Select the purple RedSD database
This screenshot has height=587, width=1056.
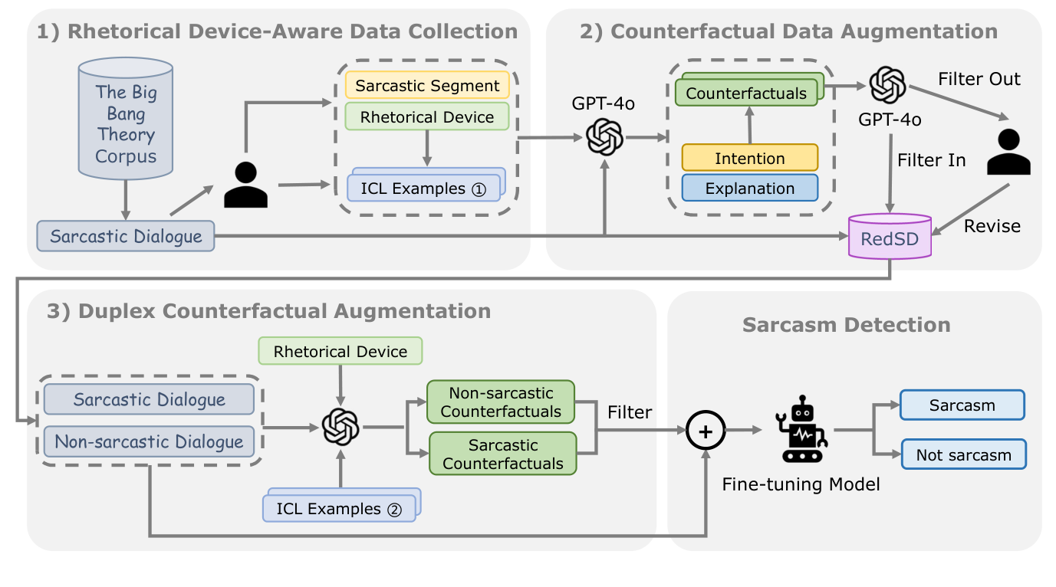click(888, 238)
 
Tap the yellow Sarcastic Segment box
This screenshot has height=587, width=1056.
click(427, 85)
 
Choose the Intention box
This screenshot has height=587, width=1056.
click(750, 159)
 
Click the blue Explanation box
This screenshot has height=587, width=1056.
click(750, 188)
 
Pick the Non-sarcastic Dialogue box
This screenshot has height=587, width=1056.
click(149, 441)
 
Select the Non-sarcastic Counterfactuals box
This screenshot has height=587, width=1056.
click(502, 402)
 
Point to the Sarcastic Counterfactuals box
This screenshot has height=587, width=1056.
click(502, 454)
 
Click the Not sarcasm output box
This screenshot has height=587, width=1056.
click(963, 455)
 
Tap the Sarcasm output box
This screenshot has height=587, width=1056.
click(962, 405)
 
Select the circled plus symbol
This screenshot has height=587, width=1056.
click(706, 431)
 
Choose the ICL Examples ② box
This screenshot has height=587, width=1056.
click(339, 508)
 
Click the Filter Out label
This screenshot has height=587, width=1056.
click(979, 79)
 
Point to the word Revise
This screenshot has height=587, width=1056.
click(992, 225)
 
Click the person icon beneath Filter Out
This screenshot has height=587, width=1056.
click(1008, 152)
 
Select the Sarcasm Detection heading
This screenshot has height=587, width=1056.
click(846, 324)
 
